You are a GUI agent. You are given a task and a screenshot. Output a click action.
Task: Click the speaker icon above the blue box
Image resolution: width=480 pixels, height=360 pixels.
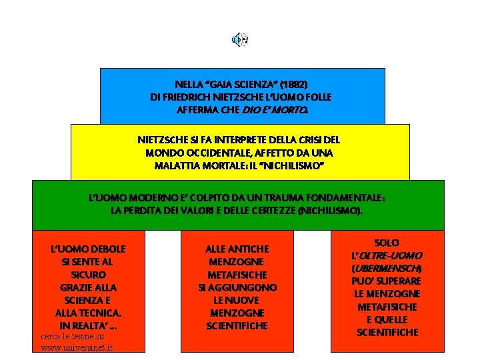click(239, 39)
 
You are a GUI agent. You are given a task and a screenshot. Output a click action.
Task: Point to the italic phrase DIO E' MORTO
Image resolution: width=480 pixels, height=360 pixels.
click(285, 109)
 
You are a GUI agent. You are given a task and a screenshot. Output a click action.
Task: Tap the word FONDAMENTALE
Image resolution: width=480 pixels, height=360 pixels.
click(345, 198)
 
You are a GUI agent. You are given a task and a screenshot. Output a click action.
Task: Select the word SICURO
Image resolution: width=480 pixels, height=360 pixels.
click(88, 275)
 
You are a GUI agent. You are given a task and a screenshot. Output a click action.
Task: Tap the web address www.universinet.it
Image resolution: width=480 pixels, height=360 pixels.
click(77, 347)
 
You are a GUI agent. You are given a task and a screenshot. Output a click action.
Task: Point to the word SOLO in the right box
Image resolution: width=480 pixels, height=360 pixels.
click(387, 243)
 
